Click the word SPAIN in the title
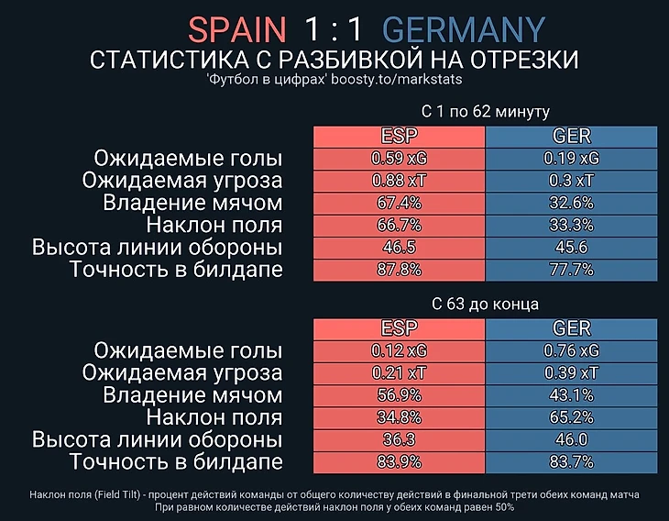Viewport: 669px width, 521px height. (x=236, y=29)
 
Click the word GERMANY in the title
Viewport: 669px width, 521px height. (x=464, y=29)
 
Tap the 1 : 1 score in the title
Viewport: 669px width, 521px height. (x=334, y=29)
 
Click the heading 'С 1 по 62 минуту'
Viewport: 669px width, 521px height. (x=485, y=112)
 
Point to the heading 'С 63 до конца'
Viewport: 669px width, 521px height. (x=485, y=304)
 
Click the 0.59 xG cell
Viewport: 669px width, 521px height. (x=399, y=158)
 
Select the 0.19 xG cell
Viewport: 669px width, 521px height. (x=571, y=158)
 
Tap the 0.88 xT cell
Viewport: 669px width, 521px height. (x=399, y=180)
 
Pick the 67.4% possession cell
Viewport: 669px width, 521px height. (x=399, y=202)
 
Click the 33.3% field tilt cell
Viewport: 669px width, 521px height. (x=571, y=225)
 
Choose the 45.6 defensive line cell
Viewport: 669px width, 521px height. (x=571, y=247)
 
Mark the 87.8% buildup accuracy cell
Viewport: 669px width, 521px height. (x=399, y=270)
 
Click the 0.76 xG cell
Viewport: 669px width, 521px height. (x=571, y=350)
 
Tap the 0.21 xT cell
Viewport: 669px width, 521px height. (x=399, y=372)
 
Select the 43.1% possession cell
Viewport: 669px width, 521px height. (x=571, y=394)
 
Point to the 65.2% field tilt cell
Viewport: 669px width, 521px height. (x=571, y=417)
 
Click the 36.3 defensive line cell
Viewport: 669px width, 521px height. (x=399, y=439)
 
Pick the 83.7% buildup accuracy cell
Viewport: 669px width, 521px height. (x=571, y=461)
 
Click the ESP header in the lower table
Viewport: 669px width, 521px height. (x=399, y=328)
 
